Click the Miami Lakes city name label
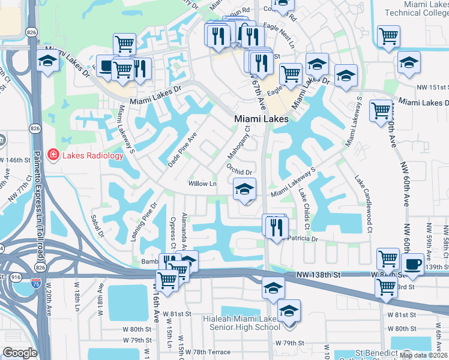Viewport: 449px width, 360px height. (x=261, y=119)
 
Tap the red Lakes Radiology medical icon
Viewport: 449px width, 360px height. (x=53, y=156)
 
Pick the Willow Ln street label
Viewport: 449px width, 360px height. (x=202, y=183)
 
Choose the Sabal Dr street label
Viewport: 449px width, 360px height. (x=97, y=226)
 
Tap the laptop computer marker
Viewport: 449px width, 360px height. (x=106, y=66)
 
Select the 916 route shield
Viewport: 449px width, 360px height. (x=14, y=277)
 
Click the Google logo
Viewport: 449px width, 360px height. (x=20, y=353)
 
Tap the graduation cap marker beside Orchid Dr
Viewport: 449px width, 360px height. (x=244, y=189)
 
